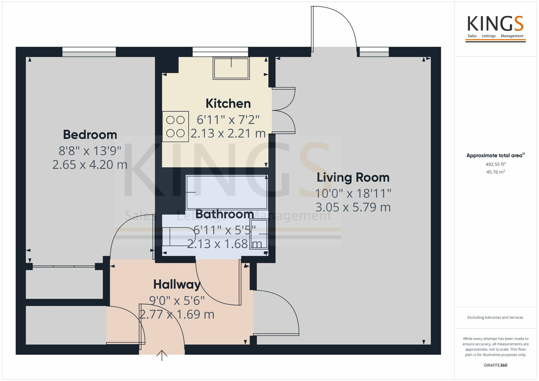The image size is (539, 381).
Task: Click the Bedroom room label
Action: (90, 135)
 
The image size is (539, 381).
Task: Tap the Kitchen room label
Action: (228, 104)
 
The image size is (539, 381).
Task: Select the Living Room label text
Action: (353, 178)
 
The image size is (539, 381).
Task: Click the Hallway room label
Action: (177, 285)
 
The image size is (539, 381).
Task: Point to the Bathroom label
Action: (224, 214)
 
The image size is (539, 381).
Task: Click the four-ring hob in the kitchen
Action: (175, 127)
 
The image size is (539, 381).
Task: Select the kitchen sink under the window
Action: (231, 68)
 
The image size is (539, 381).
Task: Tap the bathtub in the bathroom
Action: (227, 192)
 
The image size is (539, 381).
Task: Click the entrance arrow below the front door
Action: (162, 355)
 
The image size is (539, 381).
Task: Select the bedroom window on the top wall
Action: (89, 52)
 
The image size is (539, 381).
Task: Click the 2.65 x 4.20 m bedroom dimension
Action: (90, 165)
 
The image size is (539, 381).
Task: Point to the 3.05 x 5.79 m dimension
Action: (353, 207)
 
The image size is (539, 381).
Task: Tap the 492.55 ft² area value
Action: (495, 164)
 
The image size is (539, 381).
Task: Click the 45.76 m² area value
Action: (495, 172)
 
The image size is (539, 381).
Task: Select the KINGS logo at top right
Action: (495, 27)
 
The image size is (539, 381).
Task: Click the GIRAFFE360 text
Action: (495, 365)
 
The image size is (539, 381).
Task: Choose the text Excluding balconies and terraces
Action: (495, 317)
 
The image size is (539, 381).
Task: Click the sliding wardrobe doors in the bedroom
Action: (64, 267)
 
